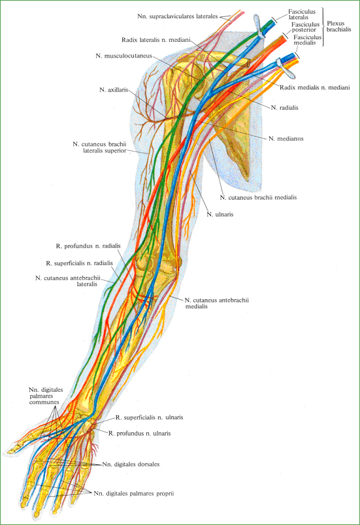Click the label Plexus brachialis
[339, 27]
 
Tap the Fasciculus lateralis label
[302, 14]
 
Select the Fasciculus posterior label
[305, 27]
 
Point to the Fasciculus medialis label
[308, 40]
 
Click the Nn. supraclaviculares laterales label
[178, 16]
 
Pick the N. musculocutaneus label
[123, 56]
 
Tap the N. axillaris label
[114, 89]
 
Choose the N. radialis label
[284, 108]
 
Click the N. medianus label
[286, 138]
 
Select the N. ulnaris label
[220, 214]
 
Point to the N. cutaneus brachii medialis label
[258, 198]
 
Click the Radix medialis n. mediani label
[315, 87]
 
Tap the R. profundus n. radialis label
[88, 246]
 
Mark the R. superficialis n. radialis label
[79, 263]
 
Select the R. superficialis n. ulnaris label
[150, 417]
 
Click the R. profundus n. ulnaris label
[140, 434]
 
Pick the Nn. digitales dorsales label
[131, 464]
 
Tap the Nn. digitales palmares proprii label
[134, 494]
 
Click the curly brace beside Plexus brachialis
[323, 27]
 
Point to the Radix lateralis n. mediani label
[155, 40]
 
